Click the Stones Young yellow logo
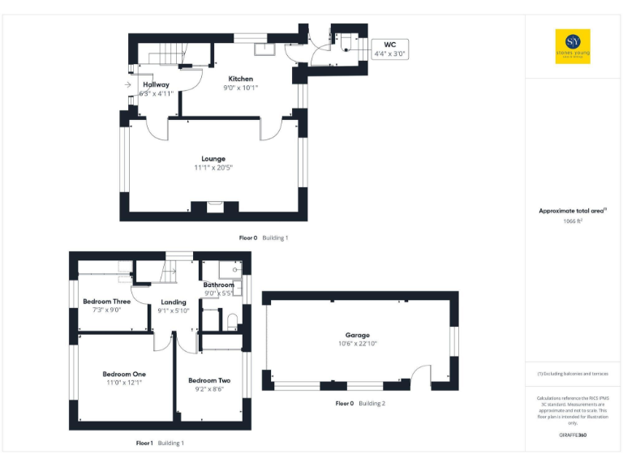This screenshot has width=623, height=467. pos(573,46)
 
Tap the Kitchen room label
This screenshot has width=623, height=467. pos(240,79)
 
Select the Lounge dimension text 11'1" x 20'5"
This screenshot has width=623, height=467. pos(214,168)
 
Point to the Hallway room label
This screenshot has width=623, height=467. pos(156,84)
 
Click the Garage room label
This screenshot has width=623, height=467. pos(357,335)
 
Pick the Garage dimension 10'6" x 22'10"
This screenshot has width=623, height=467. pos(357,344)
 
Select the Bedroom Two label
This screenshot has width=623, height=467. pos(209,380)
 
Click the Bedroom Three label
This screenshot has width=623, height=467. pos(106,302)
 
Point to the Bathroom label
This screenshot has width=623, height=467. pos(218,285)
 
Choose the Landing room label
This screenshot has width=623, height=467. pos(174,302)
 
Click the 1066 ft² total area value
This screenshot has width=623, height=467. pos(574,221)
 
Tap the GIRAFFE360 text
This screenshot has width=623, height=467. pos(573,435)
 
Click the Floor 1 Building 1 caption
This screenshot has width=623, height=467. pos(160,443)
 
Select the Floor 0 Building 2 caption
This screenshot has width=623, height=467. pos(360,403)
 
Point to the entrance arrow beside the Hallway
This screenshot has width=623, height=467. pos(128,84)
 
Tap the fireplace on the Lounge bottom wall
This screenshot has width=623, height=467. pos(214,208)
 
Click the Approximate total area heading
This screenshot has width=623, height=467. pos(573,211)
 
